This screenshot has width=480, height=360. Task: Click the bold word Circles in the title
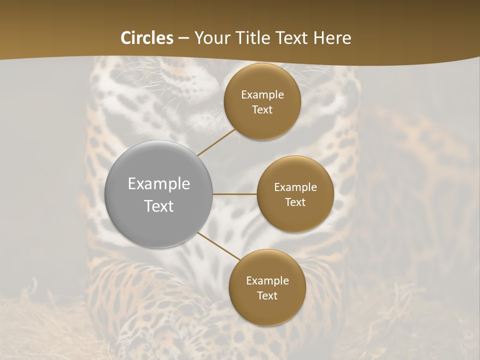[x=147, y=38]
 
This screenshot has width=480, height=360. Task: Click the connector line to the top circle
[x=216, y=142]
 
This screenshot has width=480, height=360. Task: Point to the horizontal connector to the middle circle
[x=235, y=194]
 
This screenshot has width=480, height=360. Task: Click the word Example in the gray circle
[x=159, y=184]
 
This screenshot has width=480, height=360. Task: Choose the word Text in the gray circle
[x=159, y=206]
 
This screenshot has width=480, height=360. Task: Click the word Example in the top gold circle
[x=262, y=95]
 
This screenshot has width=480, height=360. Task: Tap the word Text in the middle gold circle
[x=295, y=202]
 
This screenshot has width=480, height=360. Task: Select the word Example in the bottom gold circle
[x=267, y=281]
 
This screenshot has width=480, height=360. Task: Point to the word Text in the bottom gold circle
[x=267, y=296]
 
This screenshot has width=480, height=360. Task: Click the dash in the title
[x=183, y=38]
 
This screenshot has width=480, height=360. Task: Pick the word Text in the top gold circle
[x=262, y=110]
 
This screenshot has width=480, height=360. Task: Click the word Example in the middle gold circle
[x=295, y=187]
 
